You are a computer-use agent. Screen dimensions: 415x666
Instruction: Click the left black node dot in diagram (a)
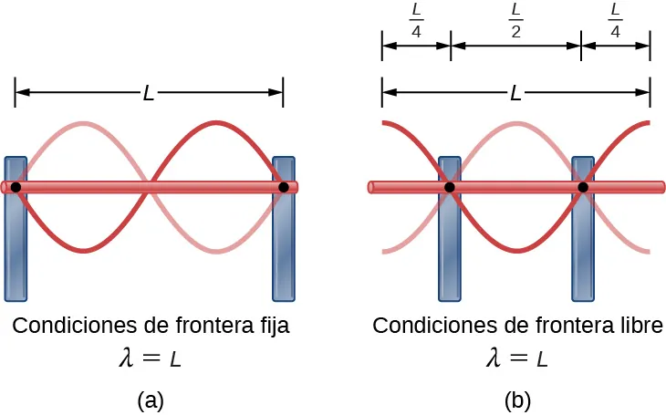pos(16,187)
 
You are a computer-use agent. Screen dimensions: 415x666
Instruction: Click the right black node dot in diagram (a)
pos(284,187)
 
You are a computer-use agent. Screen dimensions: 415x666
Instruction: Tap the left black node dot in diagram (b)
pos(450,187)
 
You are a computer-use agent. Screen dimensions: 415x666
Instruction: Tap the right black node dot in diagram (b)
pos(583,187)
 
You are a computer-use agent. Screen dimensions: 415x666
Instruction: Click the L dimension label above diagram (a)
pos(149,92)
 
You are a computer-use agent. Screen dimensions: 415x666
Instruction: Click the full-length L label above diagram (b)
pos(515,92)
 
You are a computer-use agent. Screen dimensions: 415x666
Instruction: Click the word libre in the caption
pos(640,326)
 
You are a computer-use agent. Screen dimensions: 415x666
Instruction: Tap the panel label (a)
pos(150,399)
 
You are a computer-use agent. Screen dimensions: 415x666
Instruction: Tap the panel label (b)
pos(516,399)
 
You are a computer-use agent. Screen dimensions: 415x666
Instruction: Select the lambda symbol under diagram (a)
pos(127,358)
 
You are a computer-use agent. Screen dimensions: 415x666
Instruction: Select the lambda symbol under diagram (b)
pos(494,358)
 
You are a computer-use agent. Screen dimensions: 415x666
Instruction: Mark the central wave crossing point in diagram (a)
pos(150,187)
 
